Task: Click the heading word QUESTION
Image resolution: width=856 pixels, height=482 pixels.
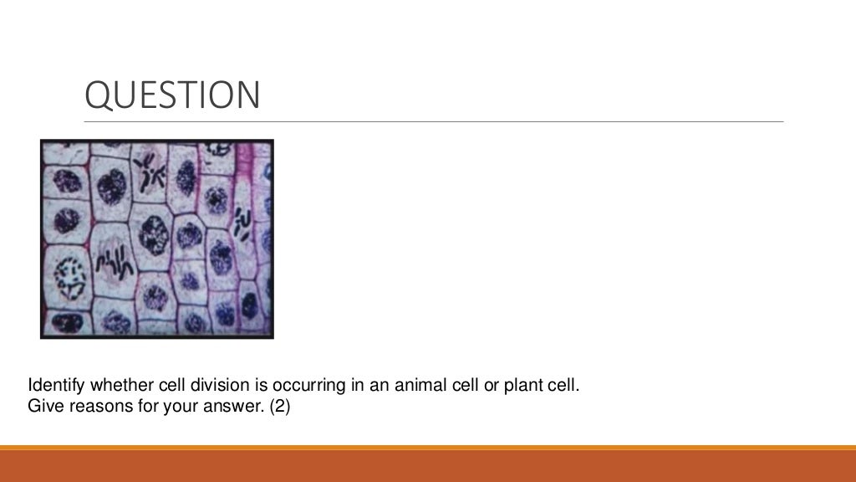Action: tap(172, 95)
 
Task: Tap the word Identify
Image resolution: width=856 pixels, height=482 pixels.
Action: tap(55, 387)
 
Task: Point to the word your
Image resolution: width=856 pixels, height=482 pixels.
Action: tap(171, 408)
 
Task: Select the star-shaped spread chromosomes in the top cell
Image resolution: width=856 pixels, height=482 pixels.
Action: tap(150, 173)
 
